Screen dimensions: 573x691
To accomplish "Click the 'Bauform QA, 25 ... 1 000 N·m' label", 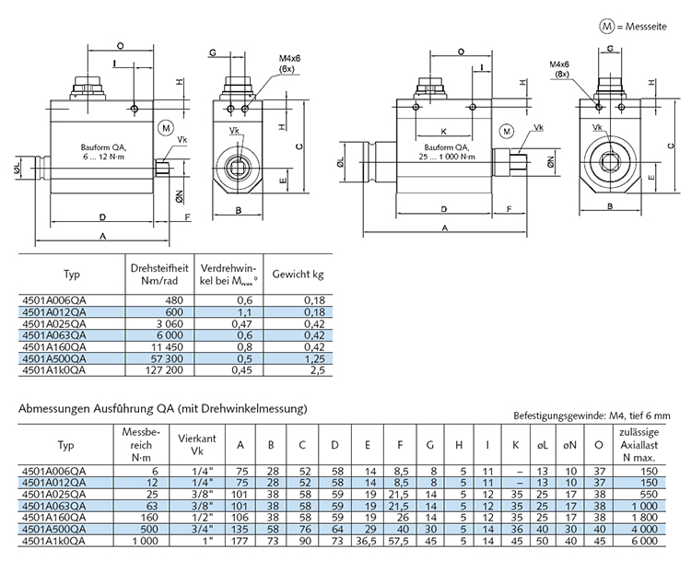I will tap(445, 154).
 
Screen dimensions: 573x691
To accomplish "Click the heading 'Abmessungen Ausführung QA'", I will tap(161, 408).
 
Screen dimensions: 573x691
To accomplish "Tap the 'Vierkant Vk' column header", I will tap(197, 445).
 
